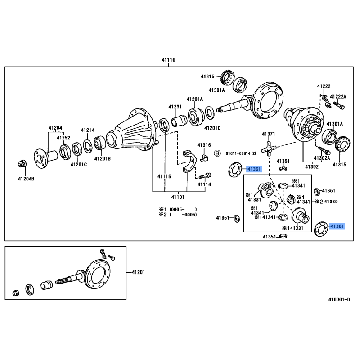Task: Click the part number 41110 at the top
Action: point(169,59)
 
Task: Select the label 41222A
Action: point(338,96)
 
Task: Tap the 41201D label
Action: point(212,128)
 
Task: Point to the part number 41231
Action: point(175,107)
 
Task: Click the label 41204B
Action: point(25,179)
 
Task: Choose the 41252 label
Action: point(63,138)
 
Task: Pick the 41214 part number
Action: point(88,130)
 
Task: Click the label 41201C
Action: point(78,164)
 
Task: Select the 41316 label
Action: point(204,145)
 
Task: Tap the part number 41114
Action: point(204,184)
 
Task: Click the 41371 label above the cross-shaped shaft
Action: point(268,135)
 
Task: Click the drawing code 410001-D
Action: point(339,300)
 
